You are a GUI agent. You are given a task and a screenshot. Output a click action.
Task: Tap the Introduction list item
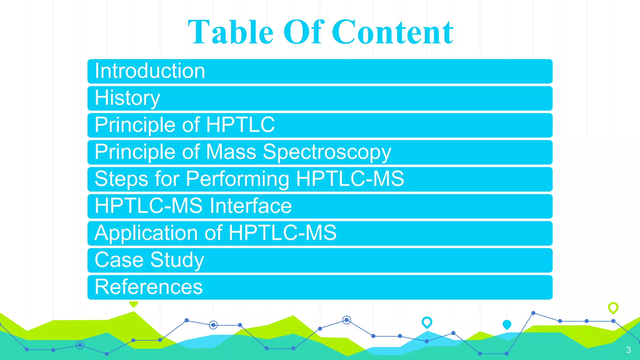[x=150, y=71]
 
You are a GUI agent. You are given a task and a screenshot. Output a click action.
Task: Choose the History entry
[x=127, y=98]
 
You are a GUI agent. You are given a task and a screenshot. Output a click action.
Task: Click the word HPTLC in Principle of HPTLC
[x=240, y=125]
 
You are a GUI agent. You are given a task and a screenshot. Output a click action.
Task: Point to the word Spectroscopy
[x=327, y=152]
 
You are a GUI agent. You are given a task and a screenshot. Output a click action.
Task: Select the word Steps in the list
[x=121, y=179]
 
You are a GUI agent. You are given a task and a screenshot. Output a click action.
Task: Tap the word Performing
[x=237, y=179]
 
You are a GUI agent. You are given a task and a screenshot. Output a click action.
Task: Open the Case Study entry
[x=149, y=260]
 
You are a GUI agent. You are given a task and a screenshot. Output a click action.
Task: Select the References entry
[x=148, y=287]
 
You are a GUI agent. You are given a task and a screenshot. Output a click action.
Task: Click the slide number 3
[x=628, y=350]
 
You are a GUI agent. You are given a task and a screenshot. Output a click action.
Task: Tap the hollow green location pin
[x=613, y=308]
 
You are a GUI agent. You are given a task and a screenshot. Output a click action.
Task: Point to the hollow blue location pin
[x=427, y=322]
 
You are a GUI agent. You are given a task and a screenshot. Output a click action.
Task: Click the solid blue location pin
[x=507, y=325]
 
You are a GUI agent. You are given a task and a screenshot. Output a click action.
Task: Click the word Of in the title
[x=303, y=32]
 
